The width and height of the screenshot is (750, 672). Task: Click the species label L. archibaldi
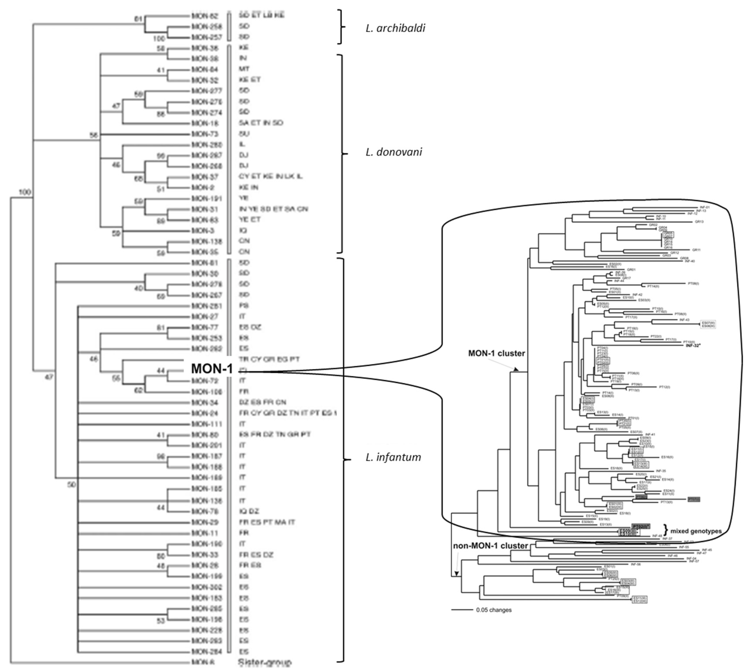click(395, 28)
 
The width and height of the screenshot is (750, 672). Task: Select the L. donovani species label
click(394, 152)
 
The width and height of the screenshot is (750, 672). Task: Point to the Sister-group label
click(265, 662)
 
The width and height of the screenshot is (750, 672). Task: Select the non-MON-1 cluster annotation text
click(490, 546)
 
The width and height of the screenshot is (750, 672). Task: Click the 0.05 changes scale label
click(494, 610)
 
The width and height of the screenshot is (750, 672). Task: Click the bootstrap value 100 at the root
click(25, 192)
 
